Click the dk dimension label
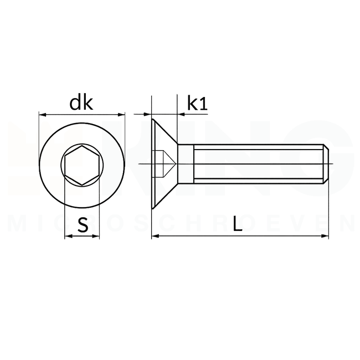tap(81, 102)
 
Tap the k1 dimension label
tap(197, 102)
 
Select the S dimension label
tap(83, 224)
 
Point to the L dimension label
tap(238, 224)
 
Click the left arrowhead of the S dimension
tap(68, 236)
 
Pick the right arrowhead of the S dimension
tap(96, 236)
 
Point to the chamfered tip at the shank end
tap(327, 164)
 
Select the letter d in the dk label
tap(75, 102)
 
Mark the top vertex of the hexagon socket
tap(82, 147)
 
